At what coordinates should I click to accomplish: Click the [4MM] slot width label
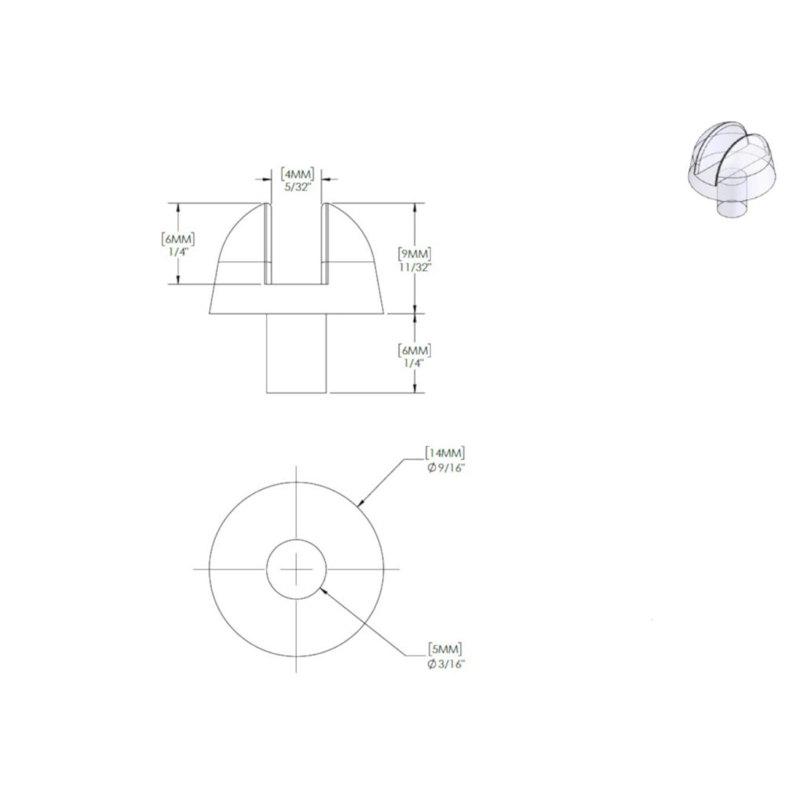[x=297, y=174]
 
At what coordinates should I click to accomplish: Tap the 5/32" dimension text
[x=298, y=187]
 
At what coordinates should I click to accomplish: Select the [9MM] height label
[x=415, y=254]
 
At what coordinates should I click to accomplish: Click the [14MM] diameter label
[x=445, y=453]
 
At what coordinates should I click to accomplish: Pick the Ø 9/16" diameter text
[x=446, y=468]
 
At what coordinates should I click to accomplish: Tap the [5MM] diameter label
[x=445, y=649]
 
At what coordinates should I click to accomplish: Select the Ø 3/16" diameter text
[x=446, y=664]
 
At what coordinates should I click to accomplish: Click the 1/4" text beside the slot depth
[x=178, y=252]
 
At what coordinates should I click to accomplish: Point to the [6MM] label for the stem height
[x=415, y=351]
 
